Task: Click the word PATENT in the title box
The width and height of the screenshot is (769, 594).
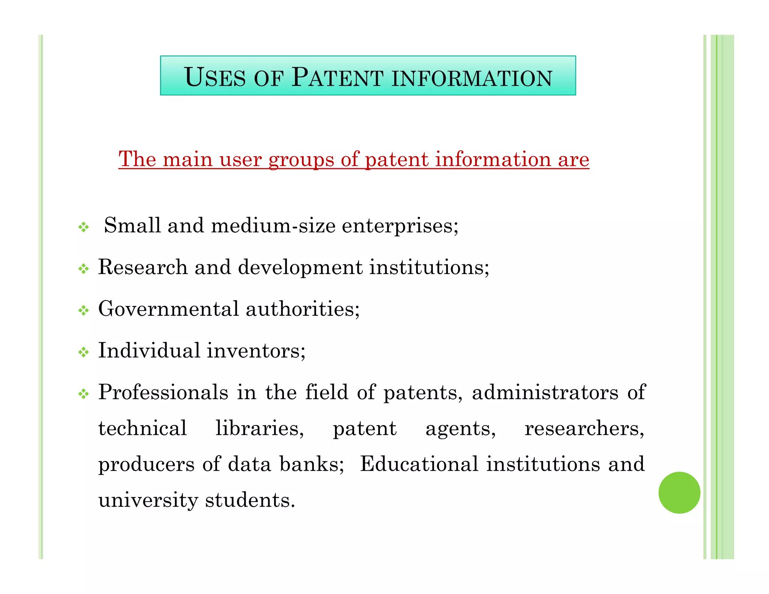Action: [337, 77]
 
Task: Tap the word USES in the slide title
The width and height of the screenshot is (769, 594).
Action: [214, 77]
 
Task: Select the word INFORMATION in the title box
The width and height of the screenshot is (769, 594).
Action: [472, 78]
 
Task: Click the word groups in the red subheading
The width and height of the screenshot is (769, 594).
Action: [301, 160]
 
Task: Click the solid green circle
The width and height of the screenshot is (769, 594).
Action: [679, 492]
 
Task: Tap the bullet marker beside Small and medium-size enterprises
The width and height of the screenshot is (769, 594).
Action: [83, 227]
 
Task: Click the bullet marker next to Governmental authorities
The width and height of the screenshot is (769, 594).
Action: [83, 311]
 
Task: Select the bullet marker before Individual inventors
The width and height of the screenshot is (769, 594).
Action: [83, 352]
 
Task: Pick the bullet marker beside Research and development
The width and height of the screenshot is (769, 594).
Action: [83, 268]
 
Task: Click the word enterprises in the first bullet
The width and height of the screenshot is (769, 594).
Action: [400, 226]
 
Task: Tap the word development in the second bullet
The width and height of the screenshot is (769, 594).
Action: [300, 268]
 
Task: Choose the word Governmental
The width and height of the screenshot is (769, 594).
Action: [168, 309]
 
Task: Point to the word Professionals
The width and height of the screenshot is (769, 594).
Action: [163, 392]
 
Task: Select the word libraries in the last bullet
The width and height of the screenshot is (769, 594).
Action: [259, 428]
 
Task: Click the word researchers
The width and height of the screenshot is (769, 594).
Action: [584, 428]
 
